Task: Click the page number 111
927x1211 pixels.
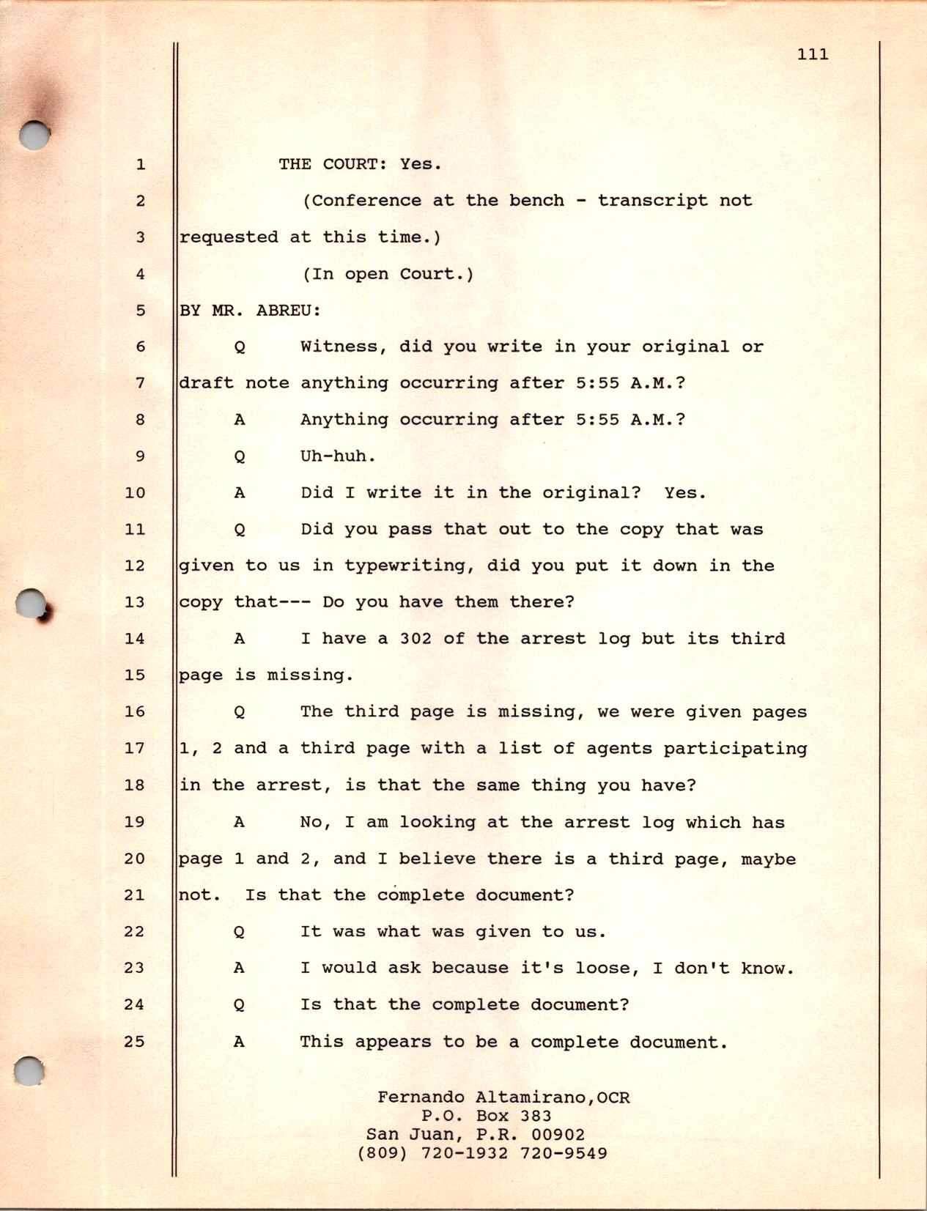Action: [x=813, y=54]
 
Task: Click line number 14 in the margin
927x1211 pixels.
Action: [x=135, y=638]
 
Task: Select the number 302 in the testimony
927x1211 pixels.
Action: [x=415, y=638]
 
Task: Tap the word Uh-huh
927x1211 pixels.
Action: [x=338, y=456]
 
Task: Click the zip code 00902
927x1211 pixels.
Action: [x=558, y=1135]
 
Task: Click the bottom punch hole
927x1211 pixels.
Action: [x=30, y=1072]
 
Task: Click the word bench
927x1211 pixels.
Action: [x=537, y=201]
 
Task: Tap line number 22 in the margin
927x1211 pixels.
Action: [x=135, y=931]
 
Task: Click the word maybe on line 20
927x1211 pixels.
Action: [x=768, y=859]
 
